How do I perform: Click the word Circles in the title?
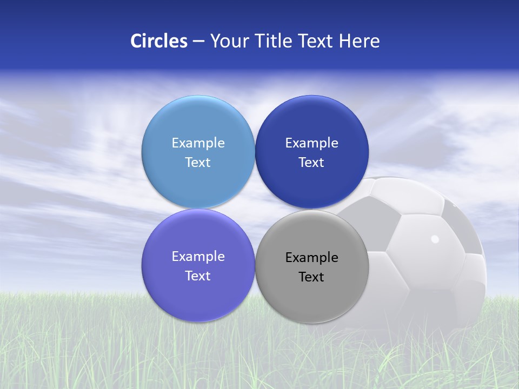pyautogui.click(x=159, y=41)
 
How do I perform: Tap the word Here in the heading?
pyautogui.click(x=360, y=41)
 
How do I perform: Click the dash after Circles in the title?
pyautogui.click(x=198, y=42)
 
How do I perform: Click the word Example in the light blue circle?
pyautogui.click(x=198, y=143)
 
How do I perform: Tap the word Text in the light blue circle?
pyautogui.click(x=198, y=163)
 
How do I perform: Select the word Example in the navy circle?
pyautogui.click(x=311, y=143)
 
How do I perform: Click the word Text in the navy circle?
pyautogui.click(x=311, y=163)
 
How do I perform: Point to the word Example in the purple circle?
pyautogui.click(x=198, y=257)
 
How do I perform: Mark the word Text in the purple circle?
pyautogui.click(x=198, y=276)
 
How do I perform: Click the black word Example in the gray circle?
pyautogui.click(x=311, y=258)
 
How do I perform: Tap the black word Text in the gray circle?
pyautogui.click(x=311, y=277)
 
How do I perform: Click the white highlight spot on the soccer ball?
pyautogui.click(x=435, y=239)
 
